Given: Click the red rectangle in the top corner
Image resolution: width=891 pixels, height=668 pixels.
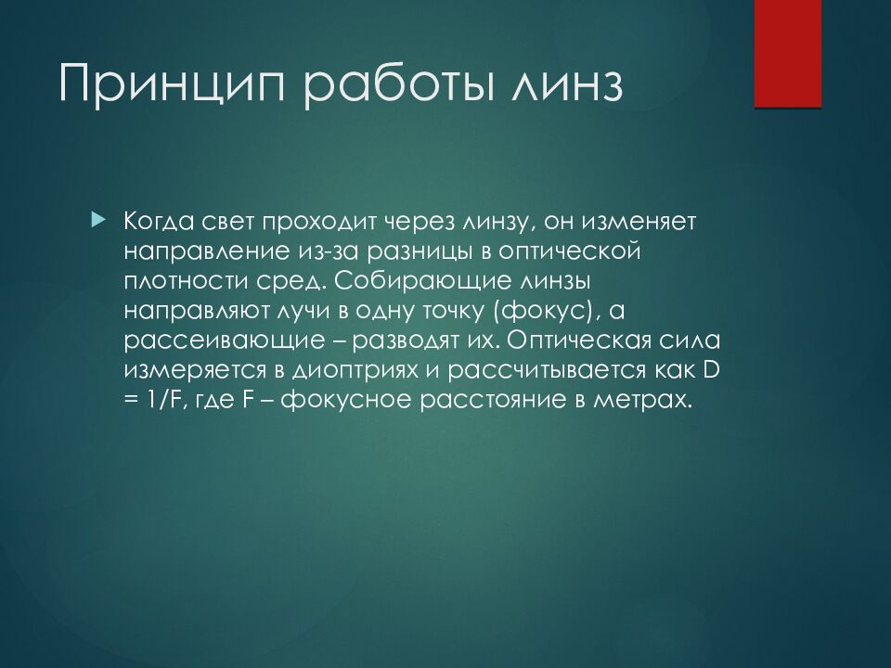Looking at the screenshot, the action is click(x=788, y=54).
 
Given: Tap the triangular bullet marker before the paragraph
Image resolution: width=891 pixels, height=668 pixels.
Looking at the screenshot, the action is click(x=98, y=218).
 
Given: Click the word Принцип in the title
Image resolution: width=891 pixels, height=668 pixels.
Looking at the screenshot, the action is click(x=171, y=84).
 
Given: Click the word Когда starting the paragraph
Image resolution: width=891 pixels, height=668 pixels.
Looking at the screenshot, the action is click(x=159, y=222).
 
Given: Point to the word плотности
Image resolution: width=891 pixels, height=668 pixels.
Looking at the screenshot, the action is click(x=187, y=281).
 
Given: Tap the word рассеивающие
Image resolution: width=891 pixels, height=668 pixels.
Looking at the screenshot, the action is click(x=224, y=340).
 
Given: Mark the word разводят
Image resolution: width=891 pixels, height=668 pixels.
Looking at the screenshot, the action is click(x=414, y=341).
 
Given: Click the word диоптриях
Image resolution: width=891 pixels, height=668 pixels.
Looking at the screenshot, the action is click(x=355, y=370).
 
